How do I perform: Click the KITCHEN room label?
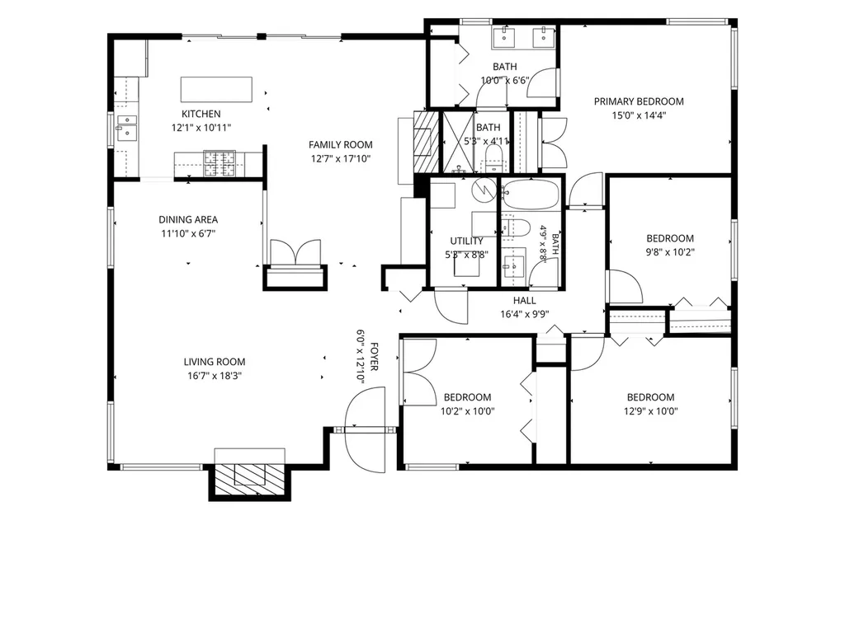click(x=201, y=114)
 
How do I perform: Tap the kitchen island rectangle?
click(x=216, y=89)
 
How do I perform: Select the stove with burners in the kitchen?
click(x=220, y=163)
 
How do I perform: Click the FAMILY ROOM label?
click(x=341, y=145)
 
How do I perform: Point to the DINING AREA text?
click(x=188, y=219)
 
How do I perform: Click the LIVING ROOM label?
click(x=215, y=362)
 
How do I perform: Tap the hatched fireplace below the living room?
click(x=249, y=481)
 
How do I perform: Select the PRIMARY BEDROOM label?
click(x=639, y=101)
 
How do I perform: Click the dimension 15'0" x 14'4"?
click(x=639, y=115)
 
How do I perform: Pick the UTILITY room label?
click(x=467, y=241)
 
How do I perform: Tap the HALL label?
click(x=524, y=300)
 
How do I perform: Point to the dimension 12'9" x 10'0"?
click(x=651, y=411)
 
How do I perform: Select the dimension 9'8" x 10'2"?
click(x=670, y=252)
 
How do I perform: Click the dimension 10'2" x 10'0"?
click(x=468, y=411)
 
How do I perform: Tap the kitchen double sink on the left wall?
click(x=127, y=128)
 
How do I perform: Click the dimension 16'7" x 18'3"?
click(x=215, y=376)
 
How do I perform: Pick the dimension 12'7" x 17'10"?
click(x=341, y=159)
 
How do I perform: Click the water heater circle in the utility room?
click(x=484, y=189)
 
